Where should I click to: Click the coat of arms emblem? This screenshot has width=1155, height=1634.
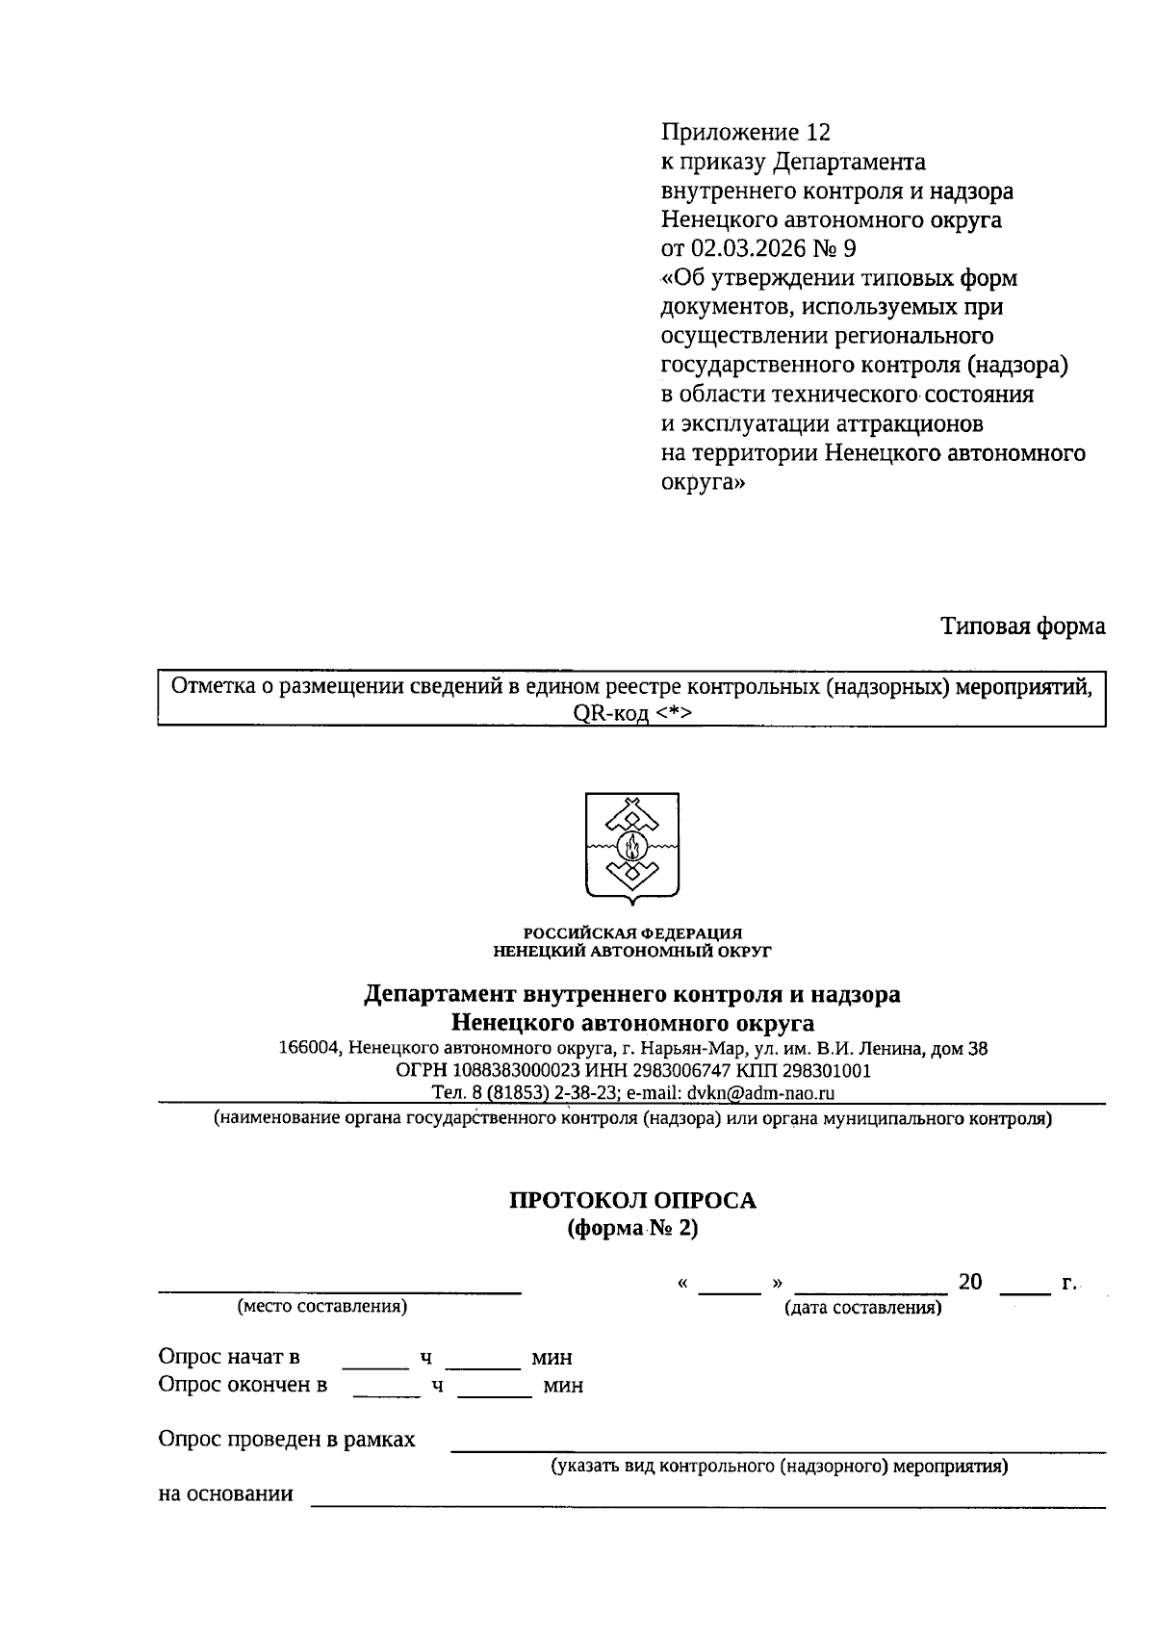[632, 848]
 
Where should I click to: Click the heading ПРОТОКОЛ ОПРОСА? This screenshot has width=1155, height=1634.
[632, 1200]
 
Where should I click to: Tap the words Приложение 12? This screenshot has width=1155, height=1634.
[745, 132]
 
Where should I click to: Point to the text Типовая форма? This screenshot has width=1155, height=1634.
[1022, 626]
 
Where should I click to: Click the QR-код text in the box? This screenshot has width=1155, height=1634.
[602, 713]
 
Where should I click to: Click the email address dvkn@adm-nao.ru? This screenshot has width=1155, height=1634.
[759, 1092]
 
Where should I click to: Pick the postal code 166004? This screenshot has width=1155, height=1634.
[308, 1048]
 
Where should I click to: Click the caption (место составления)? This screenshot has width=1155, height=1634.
[322, 1307]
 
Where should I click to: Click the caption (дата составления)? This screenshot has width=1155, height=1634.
[862, 1308]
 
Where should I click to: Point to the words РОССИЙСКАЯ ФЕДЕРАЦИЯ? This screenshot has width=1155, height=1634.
[632, 932]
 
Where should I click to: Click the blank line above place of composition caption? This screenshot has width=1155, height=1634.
[340, 1288]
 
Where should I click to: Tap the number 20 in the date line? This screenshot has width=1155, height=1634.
[969, 1282]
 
